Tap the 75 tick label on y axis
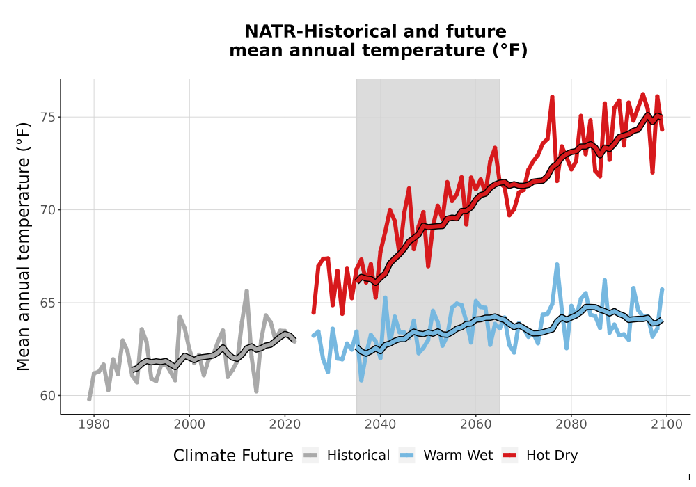[49, 118]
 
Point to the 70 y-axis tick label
[49, 210]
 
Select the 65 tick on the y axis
[49, 303]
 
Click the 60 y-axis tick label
[49, 396]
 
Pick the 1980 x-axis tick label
[94, 424]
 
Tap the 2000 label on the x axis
[189, 424]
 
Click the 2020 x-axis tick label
[285, 424]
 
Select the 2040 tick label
[381, 424]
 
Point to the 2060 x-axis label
[476, 424]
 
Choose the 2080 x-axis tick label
[571, 424]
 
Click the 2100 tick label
[667, 424]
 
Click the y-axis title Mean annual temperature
[23, 246]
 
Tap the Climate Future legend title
[233, 456]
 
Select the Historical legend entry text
[358, 456]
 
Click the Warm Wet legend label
[458, 456]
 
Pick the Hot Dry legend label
[552, 456]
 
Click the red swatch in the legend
[510, 456]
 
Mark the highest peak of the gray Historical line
[247, 291]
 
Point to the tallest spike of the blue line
[557, 265]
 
